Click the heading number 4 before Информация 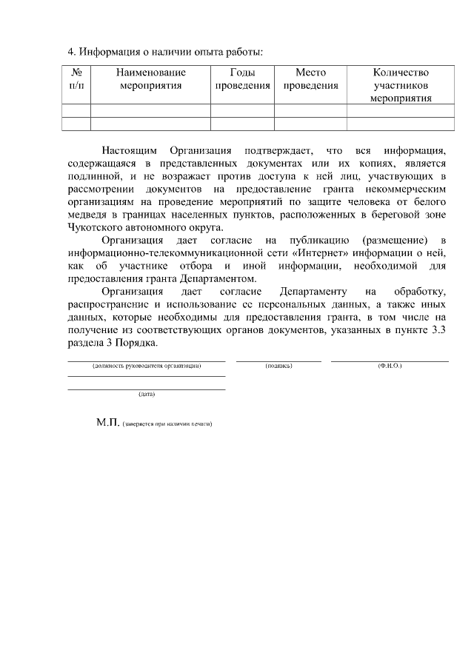pos(70,52)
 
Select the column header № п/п pos(76,79)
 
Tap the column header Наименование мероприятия pos(150,79)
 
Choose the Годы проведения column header pos(242,79)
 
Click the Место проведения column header pos(310,79)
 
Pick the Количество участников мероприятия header pos(401,85)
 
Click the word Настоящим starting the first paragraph pos(130,150)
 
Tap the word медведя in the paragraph pos(87,215)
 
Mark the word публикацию pos(320,241)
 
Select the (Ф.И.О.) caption pos(389,366)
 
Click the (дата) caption pos(146,394)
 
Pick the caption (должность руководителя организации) pos(146,366)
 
